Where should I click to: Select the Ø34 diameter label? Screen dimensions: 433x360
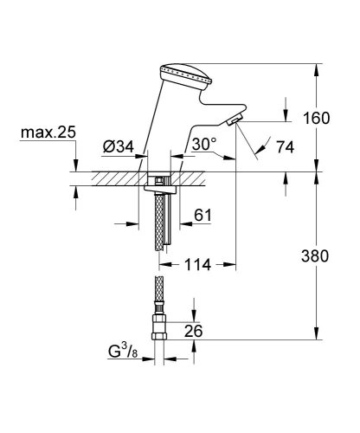tap(119, 148)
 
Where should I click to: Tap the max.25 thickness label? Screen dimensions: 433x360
tap(51, 134)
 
